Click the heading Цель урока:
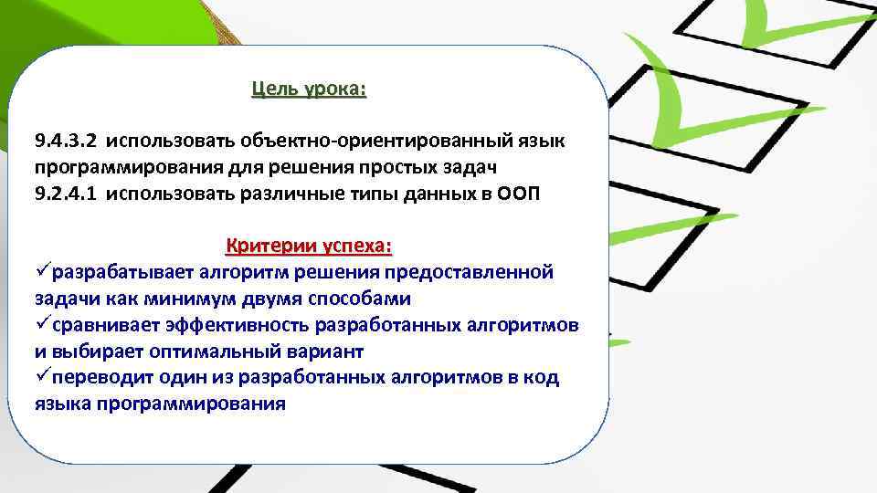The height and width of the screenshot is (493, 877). tap(309, 90)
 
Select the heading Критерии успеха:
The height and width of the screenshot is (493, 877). tap(309, 246)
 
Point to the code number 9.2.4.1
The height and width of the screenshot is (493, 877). tap(66, 194)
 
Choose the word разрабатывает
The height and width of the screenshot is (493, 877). tap(123, 272)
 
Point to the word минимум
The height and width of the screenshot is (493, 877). tap(174, 299)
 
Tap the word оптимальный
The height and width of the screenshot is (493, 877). tap(206, 351)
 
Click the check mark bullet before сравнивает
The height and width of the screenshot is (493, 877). tap(43, 325)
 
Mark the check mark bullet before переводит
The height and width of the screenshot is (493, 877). tap(43, 377)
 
